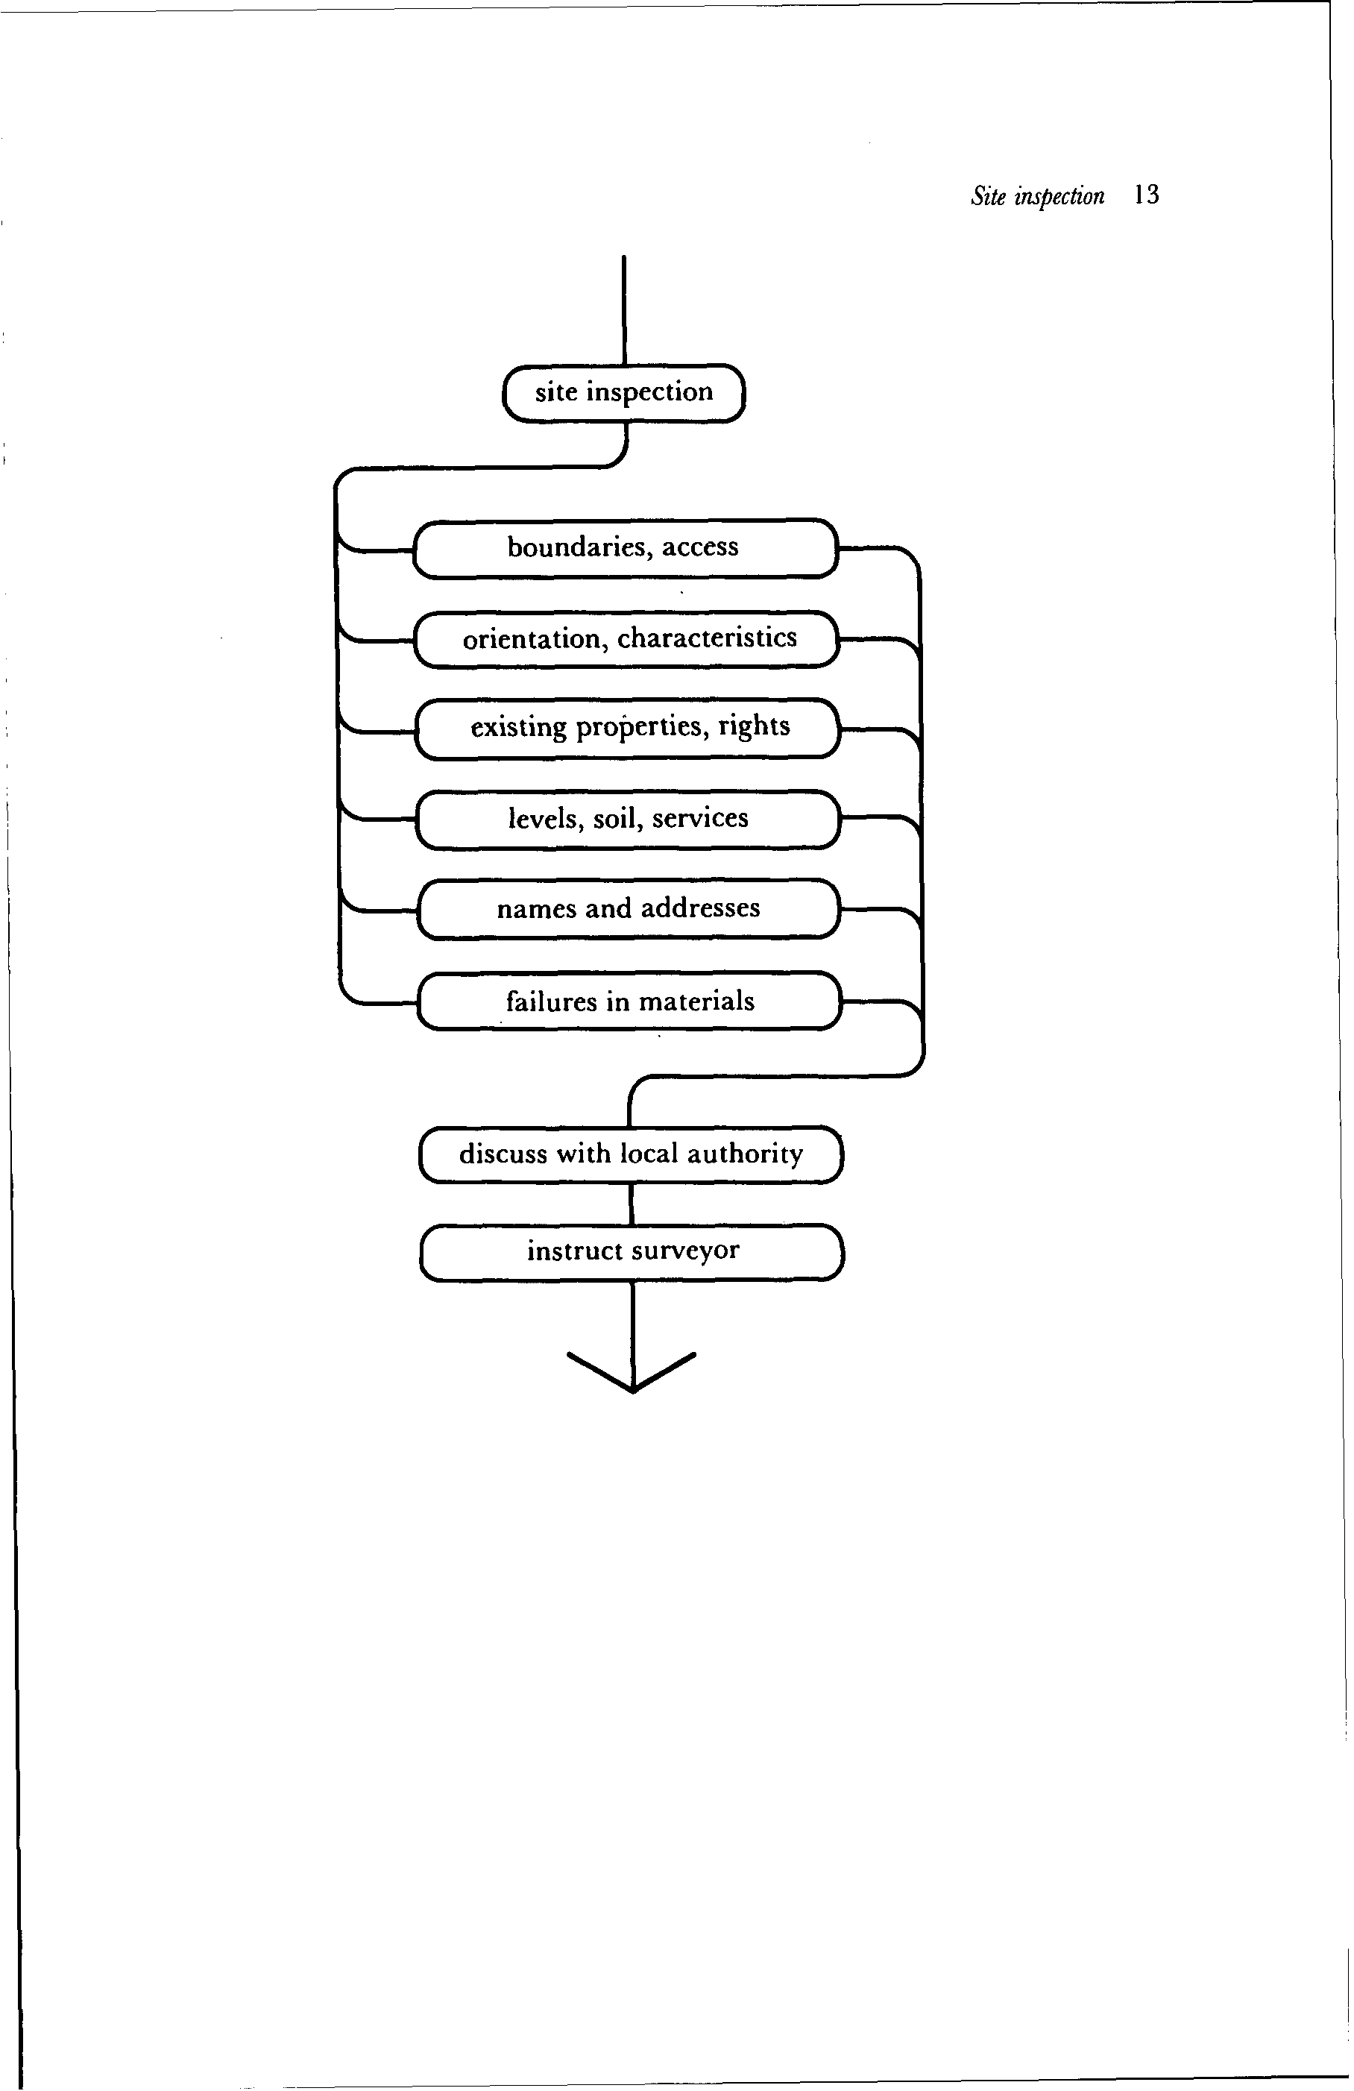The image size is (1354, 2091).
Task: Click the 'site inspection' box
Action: [623, 393]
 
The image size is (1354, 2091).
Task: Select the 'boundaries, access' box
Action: [624, 548]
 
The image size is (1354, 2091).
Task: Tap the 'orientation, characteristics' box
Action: [627, 639]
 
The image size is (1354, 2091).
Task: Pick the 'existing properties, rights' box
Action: [629, 729]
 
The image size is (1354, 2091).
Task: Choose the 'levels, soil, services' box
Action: [627, 819]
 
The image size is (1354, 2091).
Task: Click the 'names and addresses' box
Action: [629, 908]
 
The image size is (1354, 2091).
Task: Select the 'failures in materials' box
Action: [629, 1001]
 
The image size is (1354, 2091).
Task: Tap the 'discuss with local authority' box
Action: [631, 1154]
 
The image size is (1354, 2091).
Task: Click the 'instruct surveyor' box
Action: [632, 1251]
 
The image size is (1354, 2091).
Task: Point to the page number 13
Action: [1146, 195]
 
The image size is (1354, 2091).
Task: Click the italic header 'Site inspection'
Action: [1037, 196]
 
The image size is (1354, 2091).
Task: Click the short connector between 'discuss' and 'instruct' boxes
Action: [631, 1203]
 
